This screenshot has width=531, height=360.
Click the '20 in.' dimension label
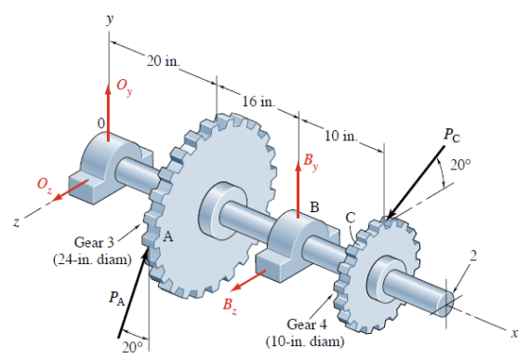point(164,61)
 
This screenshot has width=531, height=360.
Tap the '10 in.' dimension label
point(341,136)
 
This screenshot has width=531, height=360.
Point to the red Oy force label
point(125,87)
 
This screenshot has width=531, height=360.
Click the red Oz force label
point(45,185)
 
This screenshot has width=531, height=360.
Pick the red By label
point(311,161)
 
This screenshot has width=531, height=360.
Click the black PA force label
point(117,299)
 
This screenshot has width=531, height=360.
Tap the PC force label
point(452,135)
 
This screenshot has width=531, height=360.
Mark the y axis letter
point(110,19)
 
